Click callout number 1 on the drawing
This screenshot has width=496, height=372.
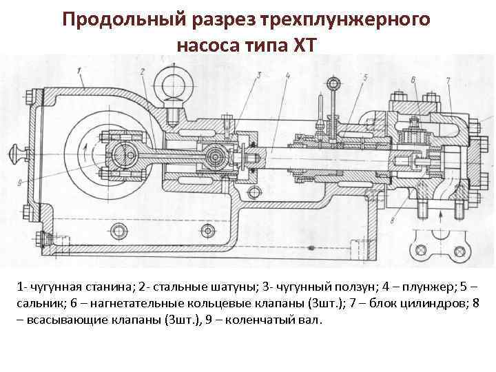coord(81,69)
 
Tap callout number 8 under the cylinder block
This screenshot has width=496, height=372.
coord(391,220)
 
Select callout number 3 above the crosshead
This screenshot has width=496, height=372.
coord(260,74)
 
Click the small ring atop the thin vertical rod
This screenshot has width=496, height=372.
coord(335,85)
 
